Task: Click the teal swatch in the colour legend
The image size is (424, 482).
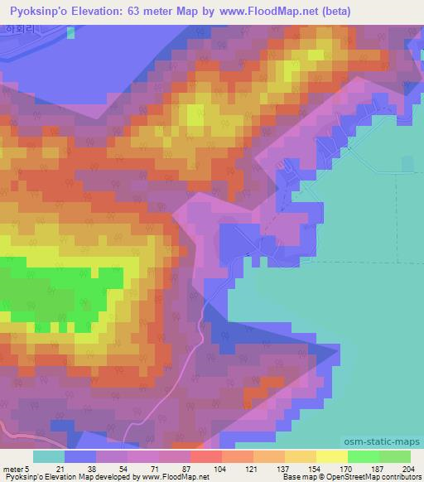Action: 49,457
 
